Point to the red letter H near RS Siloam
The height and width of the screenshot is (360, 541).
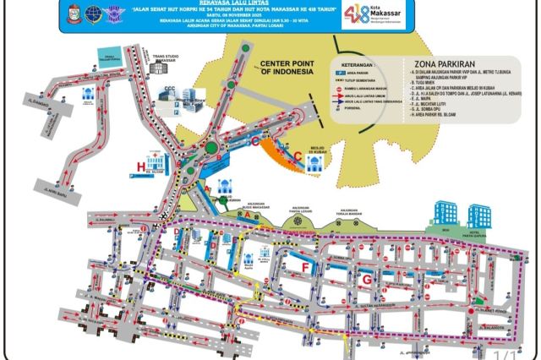(x=139, y=167)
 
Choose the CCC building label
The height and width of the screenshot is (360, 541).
(x=194, y=87)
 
